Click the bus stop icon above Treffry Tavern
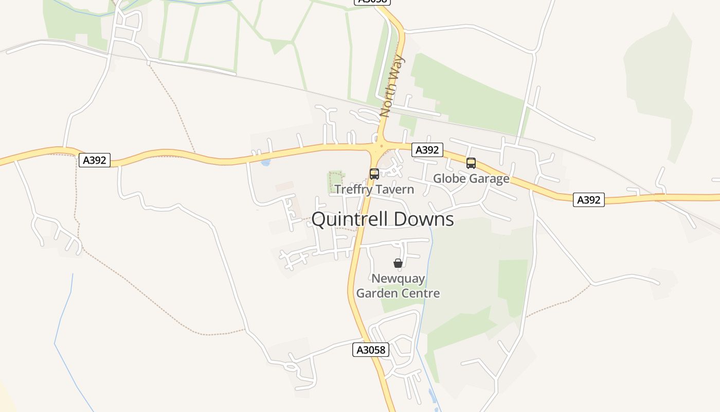tap(374, 174)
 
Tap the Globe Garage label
tap(471, 179)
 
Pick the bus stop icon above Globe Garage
tap(471, 163)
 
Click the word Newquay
tap(398, 279)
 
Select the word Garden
tap(377, 294)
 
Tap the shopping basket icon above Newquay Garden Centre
tap(398, 263)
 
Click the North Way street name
tap(392, 86)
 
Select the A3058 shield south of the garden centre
tap(371, 350)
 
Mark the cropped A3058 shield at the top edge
tap(373, 2)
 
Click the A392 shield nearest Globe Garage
tap(427, 150)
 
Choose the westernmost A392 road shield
tap(95, 160)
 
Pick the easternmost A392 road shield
tap(589, 200)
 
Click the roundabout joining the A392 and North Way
tap(380, 146)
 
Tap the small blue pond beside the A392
tap(265, 162)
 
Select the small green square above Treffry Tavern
tap(335, 181)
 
